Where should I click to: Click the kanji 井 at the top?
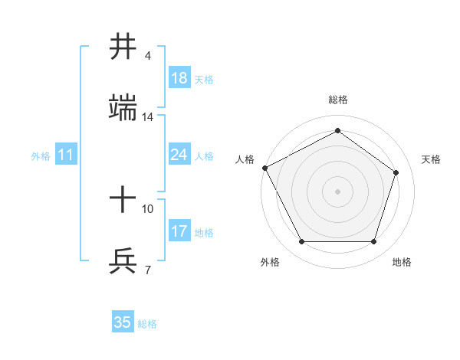point(123,47)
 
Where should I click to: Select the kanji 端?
point(123,110)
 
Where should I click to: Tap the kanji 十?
point(123,201)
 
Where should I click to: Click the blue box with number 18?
point(179,78)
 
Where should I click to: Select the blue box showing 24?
point(179,155)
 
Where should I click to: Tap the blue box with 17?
point(179,231)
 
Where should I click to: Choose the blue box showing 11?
point(65,155)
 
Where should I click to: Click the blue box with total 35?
point(123,322)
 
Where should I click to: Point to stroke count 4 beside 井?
point(148,56)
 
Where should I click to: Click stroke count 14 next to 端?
point(148,117)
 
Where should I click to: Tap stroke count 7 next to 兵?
point(148,270)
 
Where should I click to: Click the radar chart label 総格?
point(338,100)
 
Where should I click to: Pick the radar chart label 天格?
point(431,159)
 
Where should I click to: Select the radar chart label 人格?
point(245,159)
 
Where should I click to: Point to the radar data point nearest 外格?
point(301,242)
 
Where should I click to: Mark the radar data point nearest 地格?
point(374,242)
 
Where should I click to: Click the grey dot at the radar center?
point(338,191)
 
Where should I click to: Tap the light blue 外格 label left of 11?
point(41,155)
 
